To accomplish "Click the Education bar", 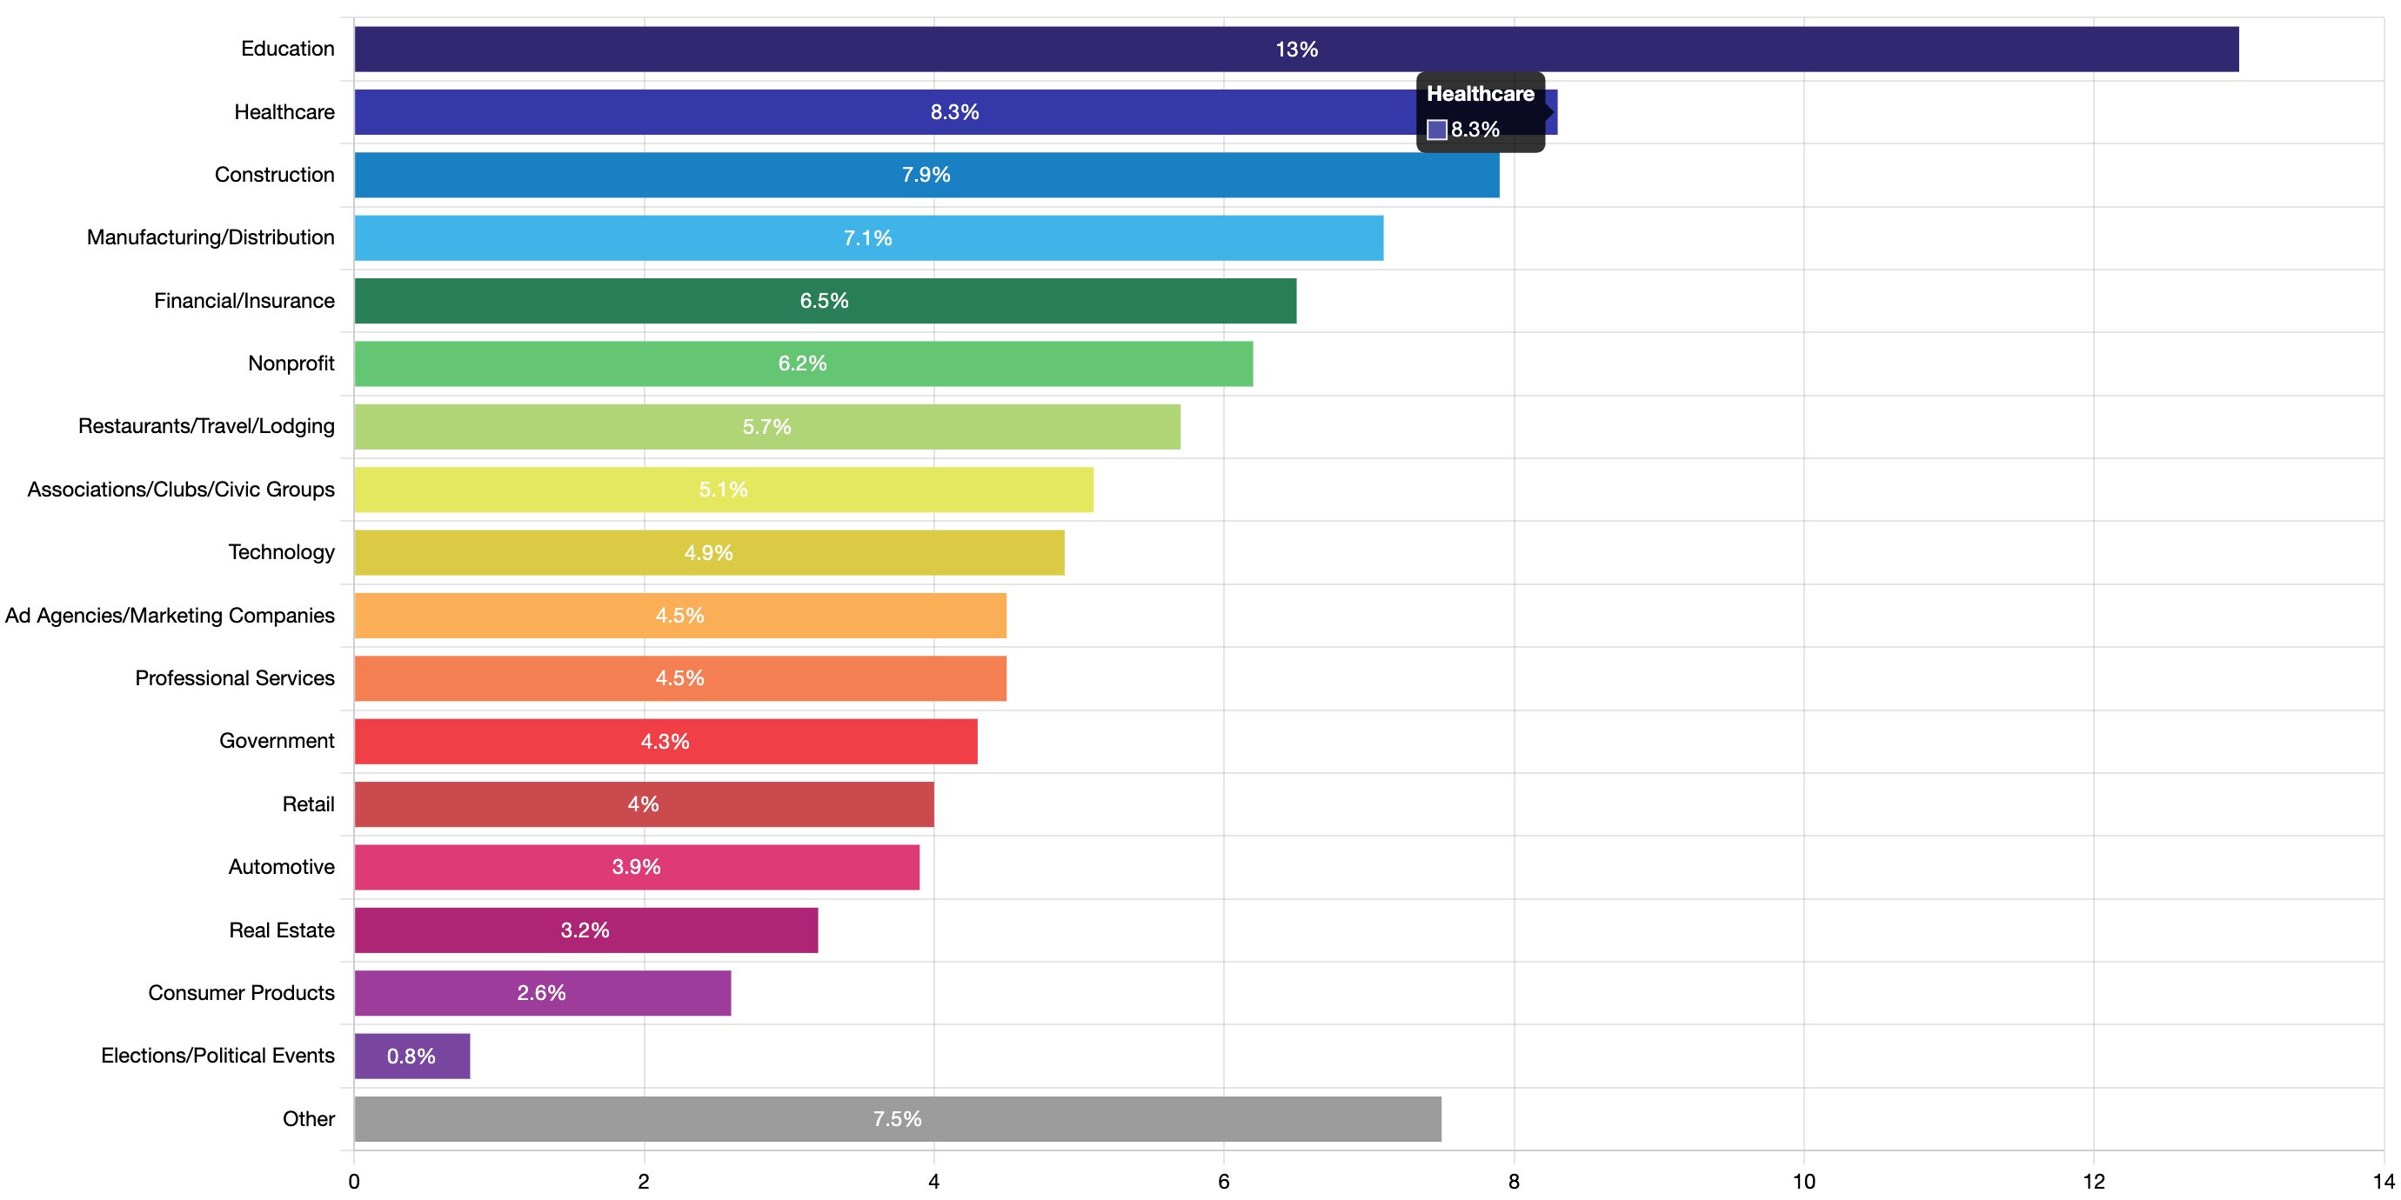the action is click(x=1296, y=50).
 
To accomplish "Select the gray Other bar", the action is click(x=898, y=1119).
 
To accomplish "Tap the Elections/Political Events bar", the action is click(x=412, y=1056).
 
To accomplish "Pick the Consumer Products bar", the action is click(x=543, y=993).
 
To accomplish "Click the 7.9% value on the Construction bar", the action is click(x=926, y=175).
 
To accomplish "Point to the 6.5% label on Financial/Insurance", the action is click(x=824, y=301).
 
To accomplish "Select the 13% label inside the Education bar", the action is click(x=1296, y=50).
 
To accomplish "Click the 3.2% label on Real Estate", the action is click(x=585, y=930).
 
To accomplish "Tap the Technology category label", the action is click(x=282, y=552).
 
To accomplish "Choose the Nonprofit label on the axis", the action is click(x=291, y=363).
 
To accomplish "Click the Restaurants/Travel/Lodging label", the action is click(x=206, y=427).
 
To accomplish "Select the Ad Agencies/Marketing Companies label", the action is click(x=170, y=616).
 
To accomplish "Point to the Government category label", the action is click(x=277, y=741).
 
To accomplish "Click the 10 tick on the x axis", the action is click(x=1803, y=1182).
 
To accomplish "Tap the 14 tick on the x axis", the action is click(x=2383, y=1182).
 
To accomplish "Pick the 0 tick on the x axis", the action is click(x=354, y=1182).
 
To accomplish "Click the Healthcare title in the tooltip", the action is click(x=1480, y=94).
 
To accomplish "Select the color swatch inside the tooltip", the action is click(x=1437, y=130).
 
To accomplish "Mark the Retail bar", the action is click(x=644, y=804).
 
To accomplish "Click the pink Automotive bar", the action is click(x=637, y=868).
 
